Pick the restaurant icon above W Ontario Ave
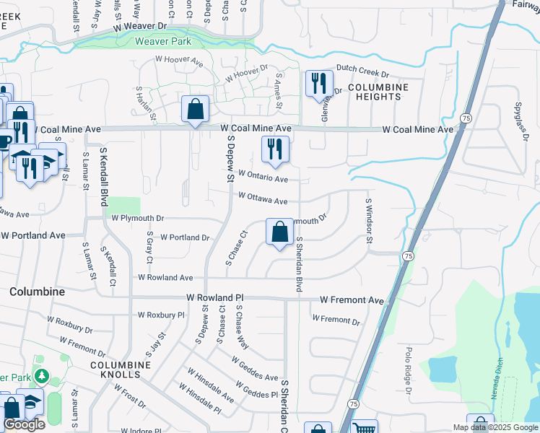275,149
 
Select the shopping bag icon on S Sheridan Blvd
280,233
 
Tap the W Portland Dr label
185,237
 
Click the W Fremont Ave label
352,299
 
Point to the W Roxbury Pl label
161,315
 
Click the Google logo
24,425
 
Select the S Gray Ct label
150,246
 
